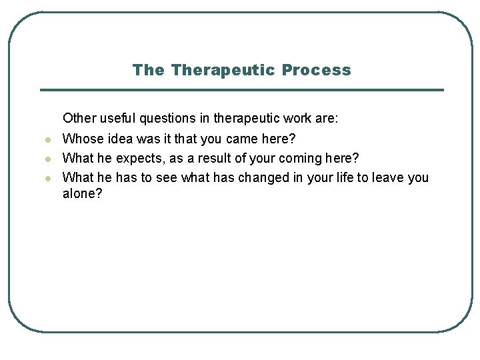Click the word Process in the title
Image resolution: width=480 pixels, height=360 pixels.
pyautogui.click(x=316, y=70)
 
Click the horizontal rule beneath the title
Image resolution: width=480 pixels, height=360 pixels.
pyautogui.click(x=241, y=90)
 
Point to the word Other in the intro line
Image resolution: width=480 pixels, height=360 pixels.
pyautogui.click(x=79, y=119)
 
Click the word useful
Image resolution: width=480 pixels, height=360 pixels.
pyautogui.click(x=118, y=119)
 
